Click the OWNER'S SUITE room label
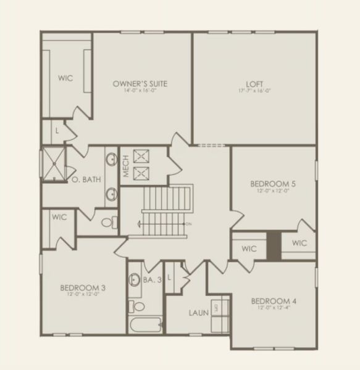tap(141, 83)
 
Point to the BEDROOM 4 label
tap(274, 301)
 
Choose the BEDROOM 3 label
tap(83, 287)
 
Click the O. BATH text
tap(83, 180)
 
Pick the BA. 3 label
tap(152, 280)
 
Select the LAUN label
tap(199, 312)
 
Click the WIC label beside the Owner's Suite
tap(65, 78)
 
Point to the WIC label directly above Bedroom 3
tap(59, 217)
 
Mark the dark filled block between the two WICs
tap(274, 245)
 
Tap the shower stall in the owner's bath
tap(54, 164)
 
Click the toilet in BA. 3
tap(140, 305)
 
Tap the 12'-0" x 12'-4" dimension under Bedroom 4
tap(274, 308)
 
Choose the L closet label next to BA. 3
tap(169, 278)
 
